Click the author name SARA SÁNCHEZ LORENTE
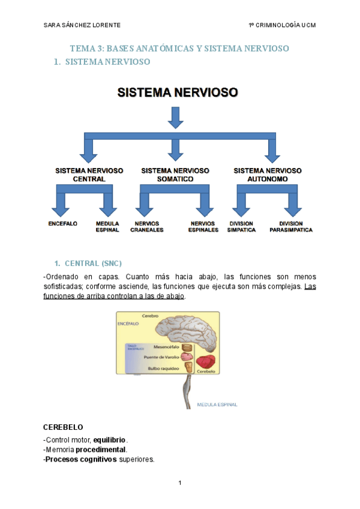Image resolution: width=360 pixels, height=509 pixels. (x=82, y=25)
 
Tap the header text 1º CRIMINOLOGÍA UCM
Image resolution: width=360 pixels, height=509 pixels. (x=282, y=25)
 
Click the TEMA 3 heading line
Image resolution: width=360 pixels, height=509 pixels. (x=179, y=48)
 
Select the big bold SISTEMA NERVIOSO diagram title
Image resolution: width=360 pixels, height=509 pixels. (x=178, y=92)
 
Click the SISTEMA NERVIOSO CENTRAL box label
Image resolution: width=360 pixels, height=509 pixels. (x=89, y=175)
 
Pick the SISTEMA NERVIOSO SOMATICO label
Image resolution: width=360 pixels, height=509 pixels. (x=175, y=175)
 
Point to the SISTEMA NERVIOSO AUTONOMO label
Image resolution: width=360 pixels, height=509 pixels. (x=269, y=175)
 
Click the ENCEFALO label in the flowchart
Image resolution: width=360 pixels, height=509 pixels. (x=63, y=223)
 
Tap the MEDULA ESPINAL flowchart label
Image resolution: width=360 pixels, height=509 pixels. (x=107, y=226)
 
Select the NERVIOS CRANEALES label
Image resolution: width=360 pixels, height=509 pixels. (x=147, y=226)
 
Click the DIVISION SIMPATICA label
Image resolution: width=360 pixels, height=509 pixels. (x=241, y=226)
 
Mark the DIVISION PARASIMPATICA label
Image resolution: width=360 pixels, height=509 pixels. (x=291, y=226)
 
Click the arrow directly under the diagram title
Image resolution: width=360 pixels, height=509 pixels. (x=175, y=117)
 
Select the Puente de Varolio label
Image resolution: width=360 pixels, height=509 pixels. (x=161, y=357)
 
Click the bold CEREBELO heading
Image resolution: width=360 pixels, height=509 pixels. (x=63, y=427)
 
